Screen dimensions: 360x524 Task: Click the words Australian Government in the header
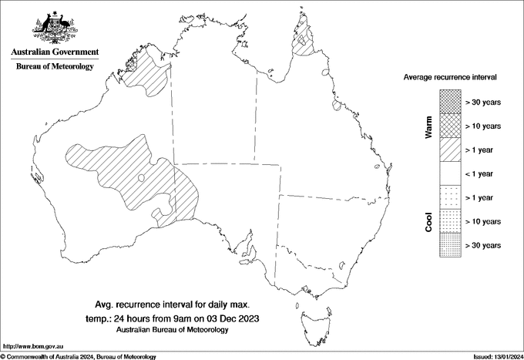pyautogui.click(x=54, y=52)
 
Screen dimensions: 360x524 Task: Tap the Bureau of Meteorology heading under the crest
pyautogui.click(x=54, y=67)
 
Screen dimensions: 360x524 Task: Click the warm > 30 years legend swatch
pyautogui.click(x=450, y=101)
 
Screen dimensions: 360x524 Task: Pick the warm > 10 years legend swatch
pyautogui.click(x=450, y=125)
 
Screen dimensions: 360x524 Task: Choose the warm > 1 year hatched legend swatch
pyautogui.click(x=450, y=149)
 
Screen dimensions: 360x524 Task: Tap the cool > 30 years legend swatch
pyautogui.click(x=450, y=245)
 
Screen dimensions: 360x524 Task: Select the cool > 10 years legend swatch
pyautogui.click(x=450, y=221)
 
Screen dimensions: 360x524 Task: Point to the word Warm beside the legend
pyautogui.click(x=429, y=126)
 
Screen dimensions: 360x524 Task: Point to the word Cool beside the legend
pyautogui.click(x=429, y=221)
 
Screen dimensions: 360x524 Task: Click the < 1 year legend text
pyautogui.click(x=483, y=173)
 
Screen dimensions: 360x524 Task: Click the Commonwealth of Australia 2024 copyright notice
pyautogui.click(x=79, y=356)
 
